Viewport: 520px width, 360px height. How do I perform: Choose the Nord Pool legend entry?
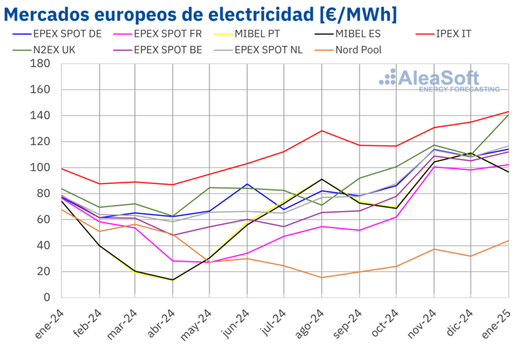tap(358, 49)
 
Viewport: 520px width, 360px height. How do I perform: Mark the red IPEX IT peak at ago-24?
tap(322, 131)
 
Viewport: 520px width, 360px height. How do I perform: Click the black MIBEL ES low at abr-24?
tap(173, 280)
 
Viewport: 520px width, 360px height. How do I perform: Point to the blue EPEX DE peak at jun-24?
tap(248, 184)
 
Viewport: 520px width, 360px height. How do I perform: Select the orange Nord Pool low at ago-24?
tap(322, 277)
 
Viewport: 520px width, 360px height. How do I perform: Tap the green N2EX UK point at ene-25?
tap(508, 114)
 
